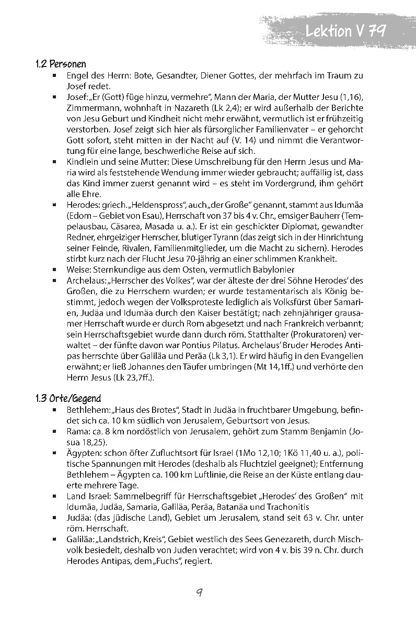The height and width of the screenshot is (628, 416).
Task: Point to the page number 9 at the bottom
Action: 199,592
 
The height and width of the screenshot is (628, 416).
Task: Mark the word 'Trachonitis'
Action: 287,507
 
